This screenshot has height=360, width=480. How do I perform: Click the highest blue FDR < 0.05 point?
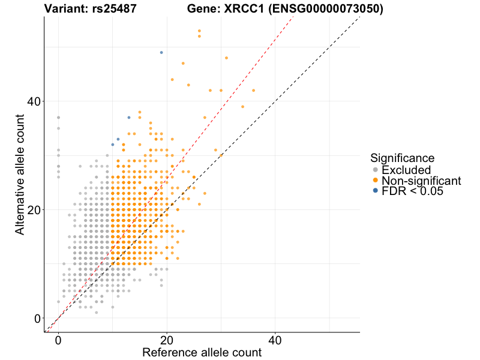(161, 53)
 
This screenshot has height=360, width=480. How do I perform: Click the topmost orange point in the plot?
(199, 31)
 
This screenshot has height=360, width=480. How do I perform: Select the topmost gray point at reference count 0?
(58, 118)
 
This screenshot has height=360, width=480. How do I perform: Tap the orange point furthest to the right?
(253, 91)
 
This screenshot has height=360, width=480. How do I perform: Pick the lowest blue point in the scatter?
(113, 145)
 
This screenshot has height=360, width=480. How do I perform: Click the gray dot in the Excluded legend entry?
(375, 170)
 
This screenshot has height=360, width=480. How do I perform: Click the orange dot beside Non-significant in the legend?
(375, 181)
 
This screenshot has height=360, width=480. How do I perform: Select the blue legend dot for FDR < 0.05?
(375, 191)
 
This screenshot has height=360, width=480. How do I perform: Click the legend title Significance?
(402, 158)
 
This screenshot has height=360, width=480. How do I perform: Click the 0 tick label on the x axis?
(58, 340)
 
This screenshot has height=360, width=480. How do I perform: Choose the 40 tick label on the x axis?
(275, 340)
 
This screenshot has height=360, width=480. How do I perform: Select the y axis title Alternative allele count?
(20, 174)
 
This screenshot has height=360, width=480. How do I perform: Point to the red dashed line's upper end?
(292, 18)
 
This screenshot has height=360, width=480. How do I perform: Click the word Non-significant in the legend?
(421, 181)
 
